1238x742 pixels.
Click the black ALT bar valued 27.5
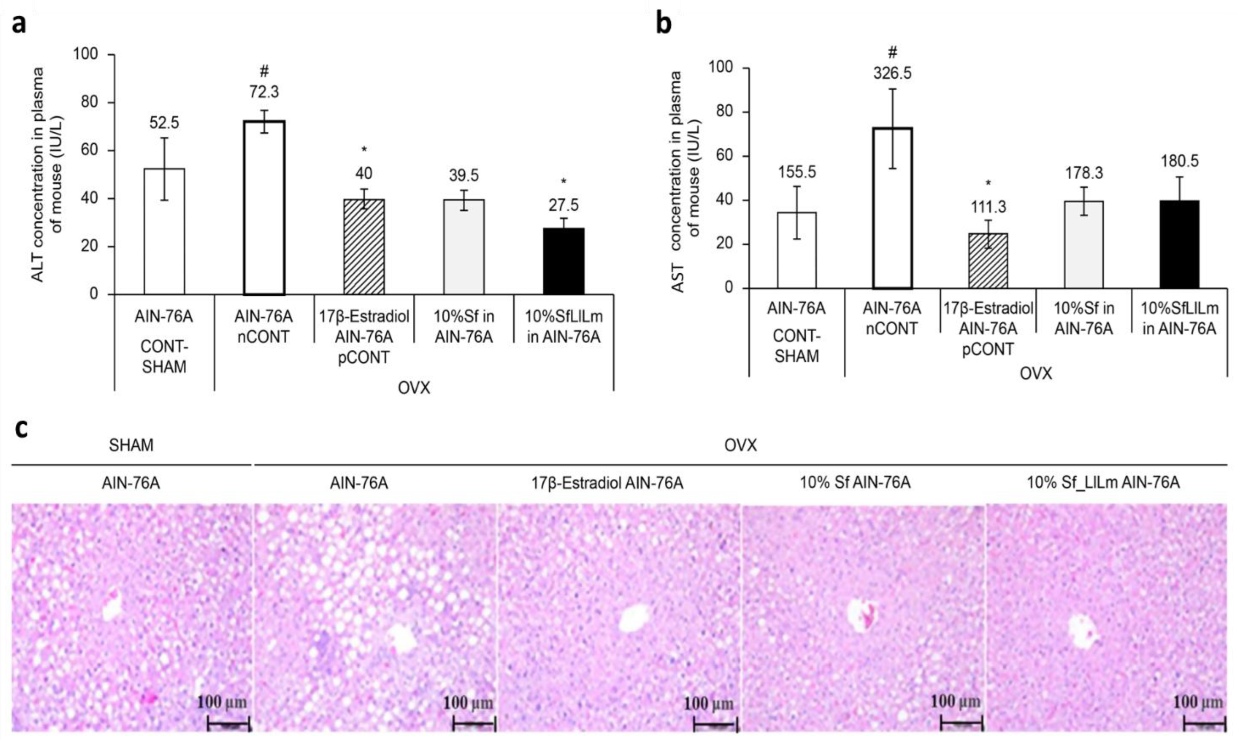point(563,261)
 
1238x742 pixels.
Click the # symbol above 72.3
point(264,71)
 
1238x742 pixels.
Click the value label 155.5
point(797,172)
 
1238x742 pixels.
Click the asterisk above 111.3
point(988,183)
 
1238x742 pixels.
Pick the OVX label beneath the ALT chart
point(414,387)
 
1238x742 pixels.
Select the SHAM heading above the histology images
point(131,445)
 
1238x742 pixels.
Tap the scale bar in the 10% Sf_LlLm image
point(1205,723)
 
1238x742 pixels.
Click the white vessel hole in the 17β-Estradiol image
point(634,619)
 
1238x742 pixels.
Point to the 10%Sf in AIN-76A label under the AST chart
point(1084,318)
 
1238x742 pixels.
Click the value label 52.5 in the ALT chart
point(164,123)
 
